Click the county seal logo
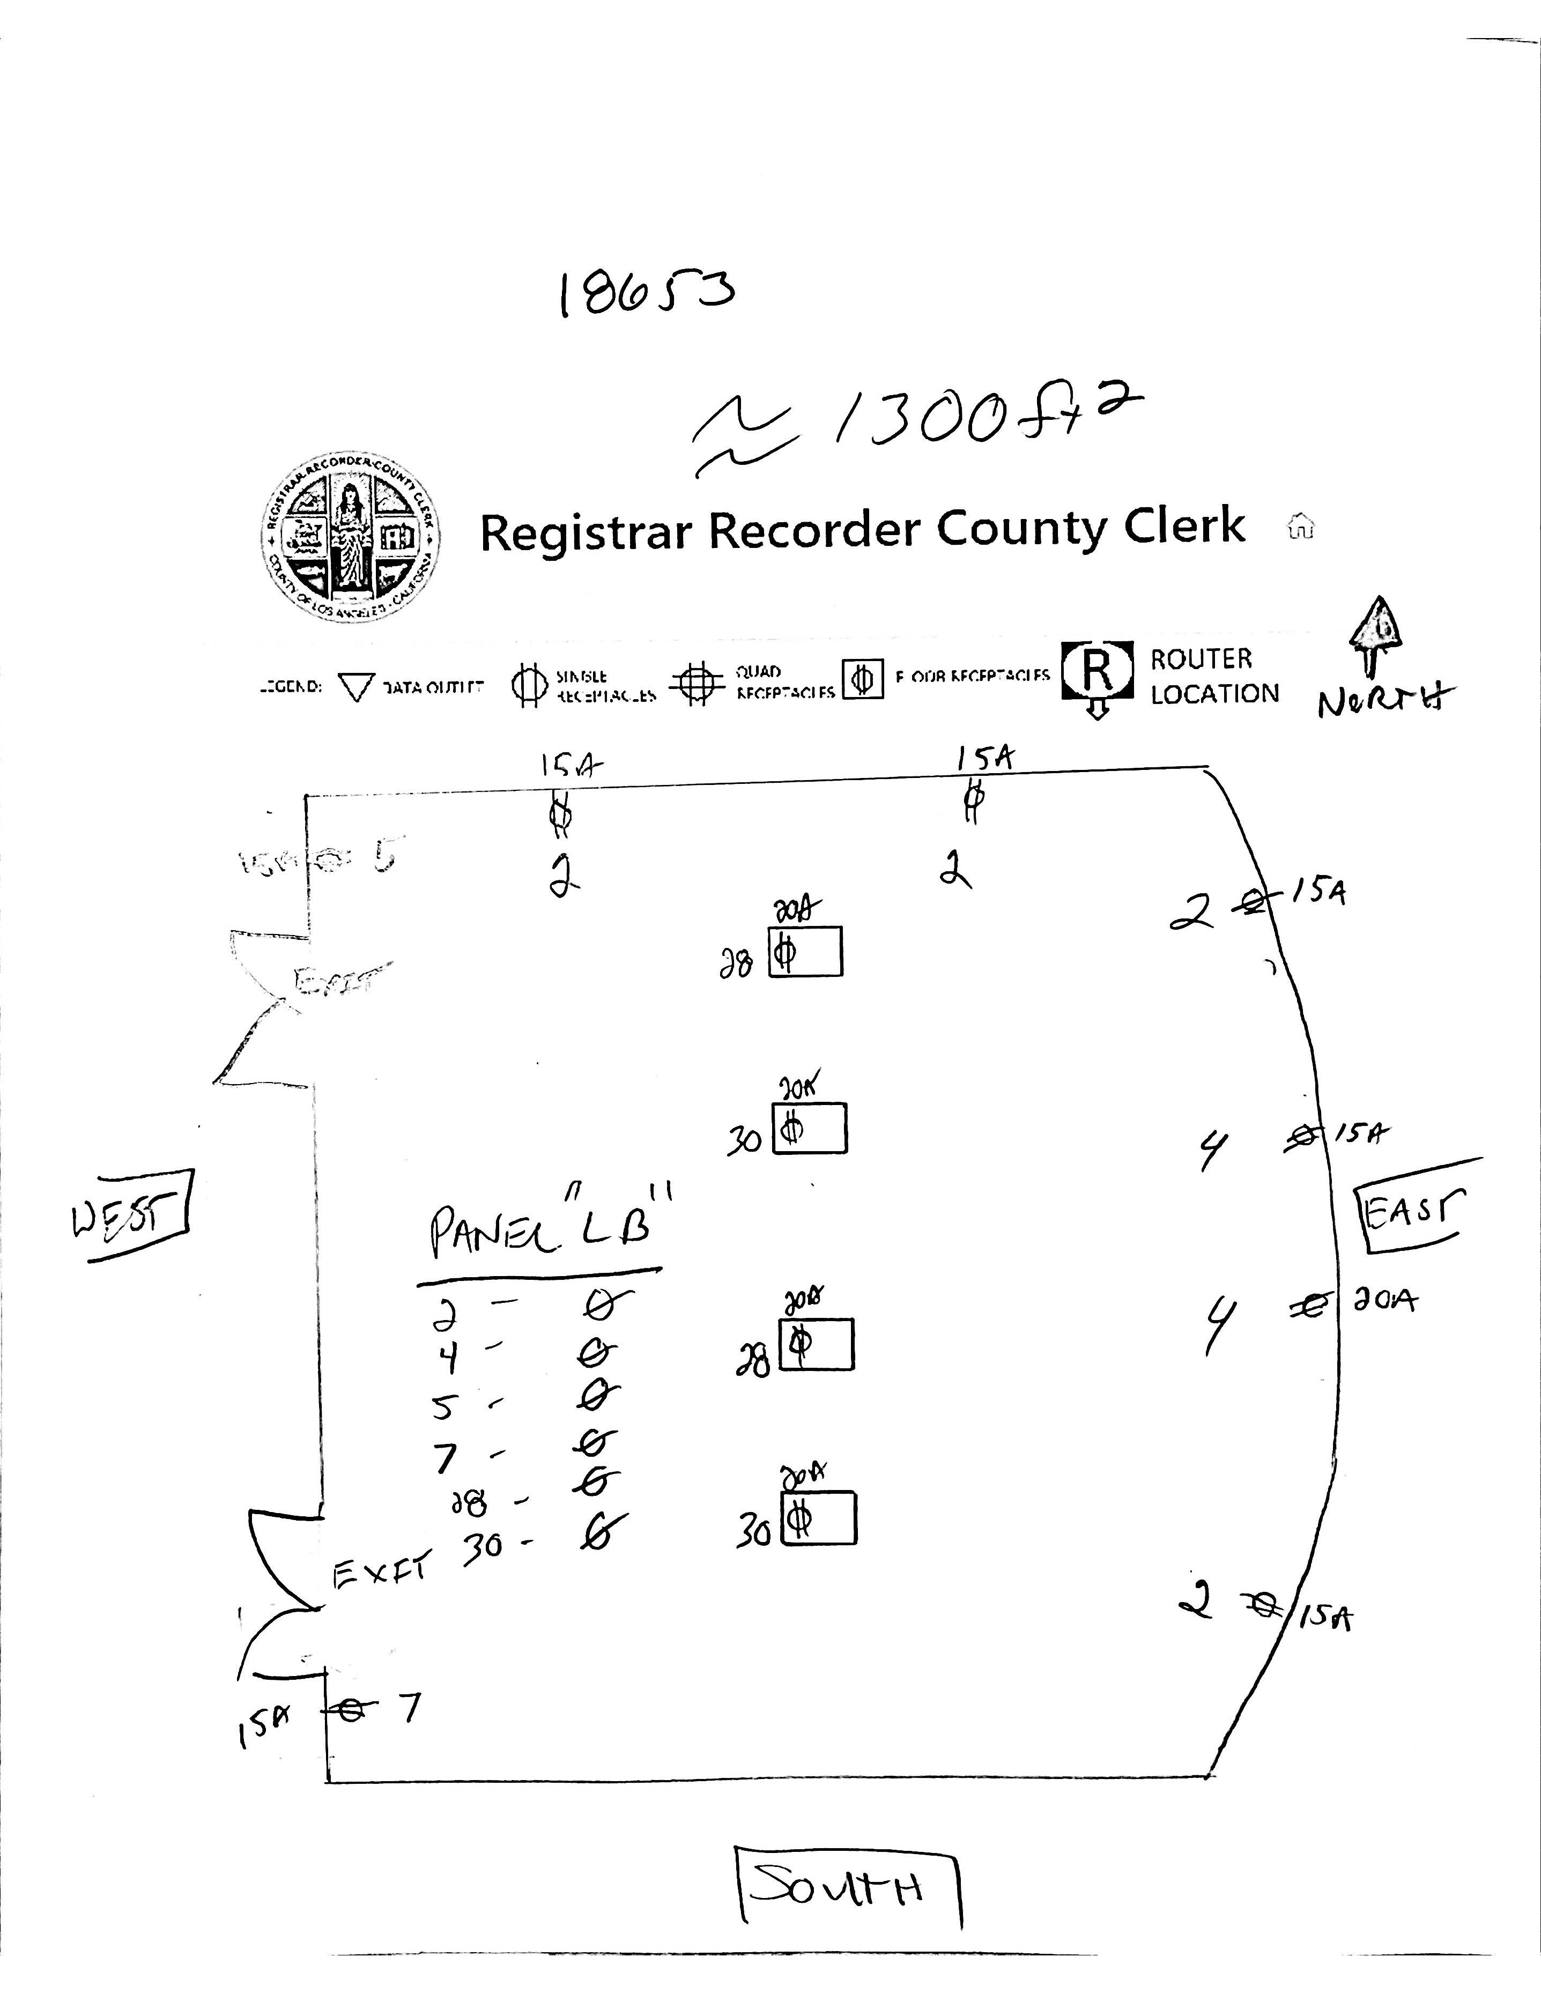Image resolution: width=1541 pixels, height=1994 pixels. point(348,539)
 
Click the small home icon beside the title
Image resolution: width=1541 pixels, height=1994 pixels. point(1300,528)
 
